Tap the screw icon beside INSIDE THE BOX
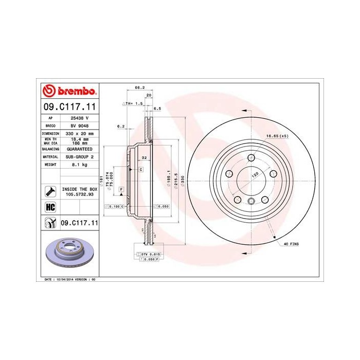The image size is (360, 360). tap(50, 192)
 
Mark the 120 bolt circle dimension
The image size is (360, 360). tap(254, 175)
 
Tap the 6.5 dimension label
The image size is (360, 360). tap(157, 109)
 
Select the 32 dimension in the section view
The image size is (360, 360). tap(145, 157)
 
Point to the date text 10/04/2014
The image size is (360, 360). tap(64, 279)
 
